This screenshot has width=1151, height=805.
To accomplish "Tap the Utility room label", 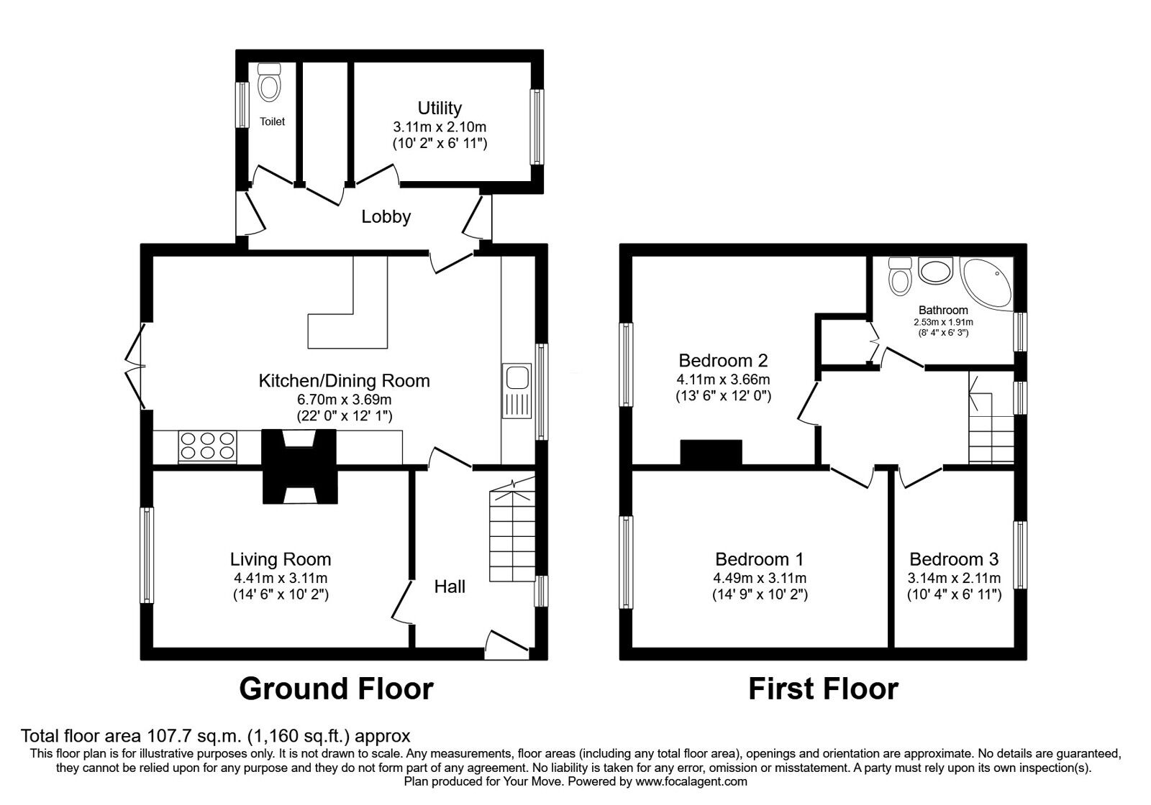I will (x=440, y=108).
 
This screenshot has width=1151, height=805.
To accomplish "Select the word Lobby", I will (x=386, y=216).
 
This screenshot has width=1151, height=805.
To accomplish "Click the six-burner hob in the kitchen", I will (x=208, y=446).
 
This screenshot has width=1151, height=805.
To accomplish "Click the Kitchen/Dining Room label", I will (x=344, y=381).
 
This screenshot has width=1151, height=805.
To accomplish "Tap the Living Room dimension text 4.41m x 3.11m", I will (x=280, y=578).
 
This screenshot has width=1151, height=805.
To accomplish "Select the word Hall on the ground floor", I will (x=450, y=586).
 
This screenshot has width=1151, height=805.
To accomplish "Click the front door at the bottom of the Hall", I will (x=506, y=643).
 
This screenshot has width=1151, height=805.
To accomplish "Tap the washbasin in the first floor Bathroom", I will (x=935, y=272).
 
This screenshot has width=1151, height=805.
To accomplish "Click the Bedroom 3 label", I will (x=954, y=559).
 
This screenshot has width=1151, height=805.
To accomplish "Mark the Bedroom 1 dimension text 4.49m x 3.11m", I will (x=760, y=578).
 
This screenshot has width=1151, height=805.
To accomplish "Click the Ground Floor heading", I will (x=336, y=689).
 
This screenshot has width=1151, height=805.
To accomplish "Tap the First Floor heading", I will (x=823, y=689).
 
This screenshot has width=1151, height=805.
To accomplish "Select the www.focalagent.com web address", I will (x=691, y=781).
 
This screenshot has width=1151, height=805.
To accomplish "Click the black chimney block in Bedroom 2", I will (x=711, y=453).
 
